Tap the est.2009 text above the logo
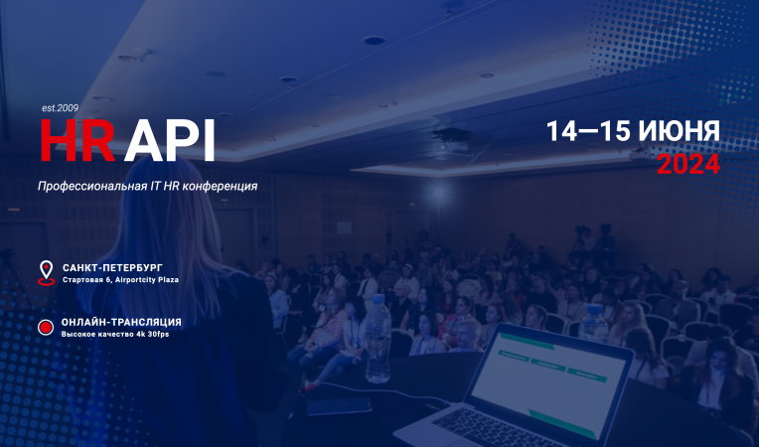click(60, 107)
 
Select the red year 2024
click(687, 165)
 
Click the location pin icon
click(46, 272)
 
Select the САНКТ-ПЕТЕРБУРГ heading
click(111, 268)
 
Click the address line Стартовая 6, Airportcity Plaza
click(120, 281)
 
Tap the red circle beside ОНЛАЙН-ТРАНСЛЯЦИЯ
click(46, 327)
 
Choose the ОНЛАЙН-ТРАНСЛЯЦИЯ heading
click(121, 322)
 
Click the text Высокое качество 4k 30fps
click(114, 335)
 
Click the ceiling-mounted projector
click(452, 149)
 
